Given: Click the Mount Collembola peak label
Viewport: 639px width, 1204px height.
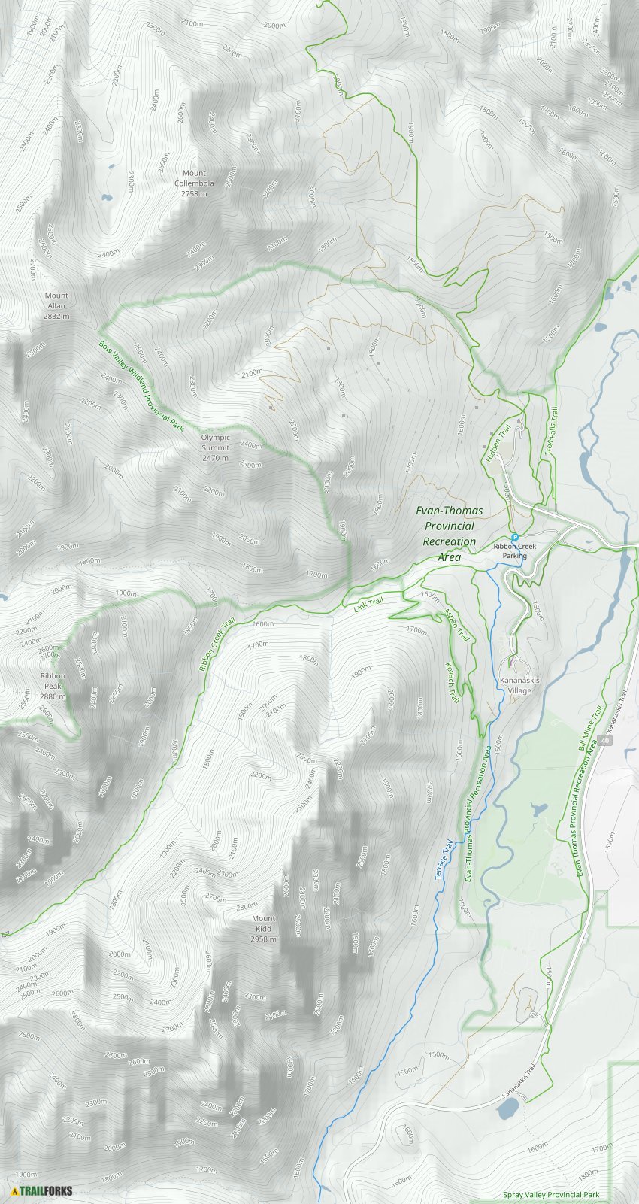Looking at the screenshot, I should (x=194, y=183).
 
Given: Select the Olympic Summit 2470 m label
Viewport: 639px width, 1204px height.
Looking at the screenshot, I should (x=216, y=447).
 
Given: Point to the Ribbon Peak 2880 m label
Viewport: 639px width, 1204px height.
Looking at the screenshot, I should (x=53, y=686).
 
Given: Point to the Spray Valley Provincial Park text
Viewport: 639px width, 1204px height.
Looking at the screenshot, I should (x=551, y=1195).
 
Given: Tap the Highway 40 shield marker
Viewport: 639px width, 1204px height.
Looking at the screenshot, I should (x=606, y=741).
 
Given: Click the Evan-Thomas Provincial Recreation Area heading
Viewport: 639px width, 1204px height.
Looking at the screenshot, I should (x=450, y=534).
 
